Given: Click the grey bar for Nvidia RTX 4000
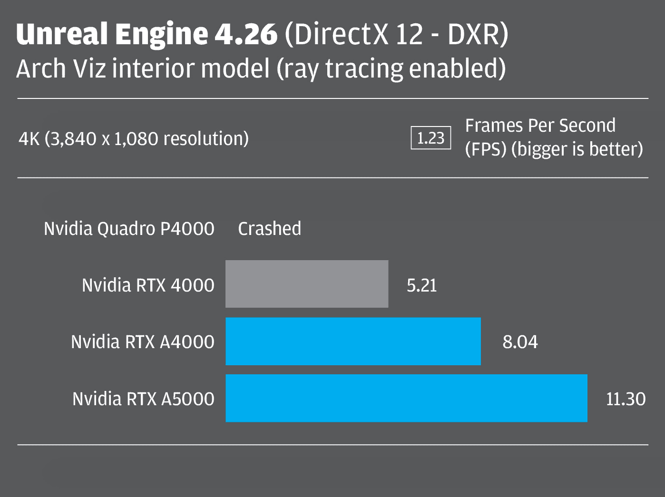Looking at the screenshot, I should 307,284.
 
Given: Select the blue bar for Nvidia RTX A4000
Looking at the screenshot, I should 353,341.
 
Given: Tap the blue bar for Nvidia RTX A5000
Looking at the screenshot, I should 406,398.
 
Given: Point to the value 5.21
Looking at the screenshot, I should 421,285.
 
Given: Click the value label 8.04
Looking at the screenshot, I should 520,342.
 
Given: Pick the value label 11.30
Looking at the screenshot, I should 626,399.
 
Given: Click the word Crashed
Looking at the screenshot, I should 269,229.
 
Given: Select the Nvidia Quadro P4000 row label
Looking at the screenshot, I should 129,229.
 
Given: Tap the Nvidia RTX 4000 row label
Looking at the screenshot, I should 148,285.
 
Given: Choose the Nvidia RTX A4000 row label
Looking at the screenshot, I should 143,342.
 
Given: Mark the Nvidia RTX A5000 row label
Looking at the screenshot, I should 143,399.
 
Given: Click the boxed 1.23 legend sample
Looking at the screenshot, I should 430,138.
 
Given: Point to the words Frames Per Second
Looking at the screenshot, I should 540,126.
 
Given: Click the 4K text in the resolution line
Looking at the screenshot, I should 29,139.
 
